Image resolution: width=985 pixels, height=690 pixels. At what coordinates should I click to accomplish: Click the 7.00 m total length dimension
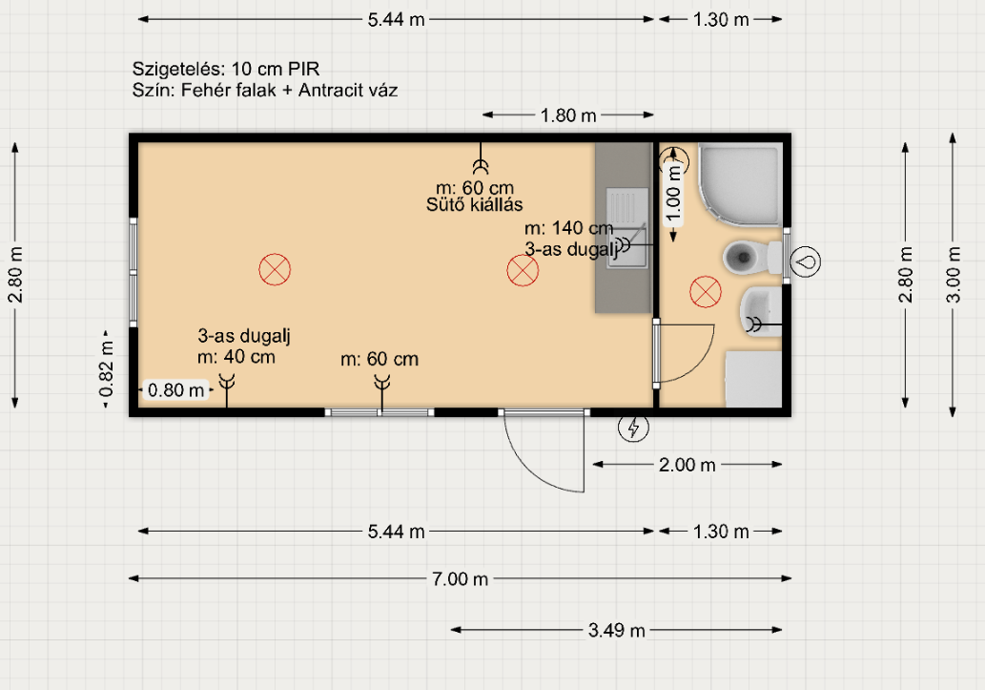(x=460, y=578)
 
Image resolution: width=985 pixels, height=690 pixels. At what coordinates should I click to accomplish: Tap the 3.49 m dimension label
(x=616, y=630)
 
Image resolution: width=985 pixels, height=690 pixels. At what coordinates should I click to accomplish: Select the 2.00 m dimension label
(x=687, y=465)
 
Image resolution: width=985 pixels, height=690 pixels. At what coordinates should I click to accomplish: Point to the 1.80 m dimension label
(x=568, y=115)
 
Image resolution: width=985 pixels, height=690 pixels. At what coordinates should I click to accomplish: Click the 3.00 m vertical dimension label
(x=954, y=274)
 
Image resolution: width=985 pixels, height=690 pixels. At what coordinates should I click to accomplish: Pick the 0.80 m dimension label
(x=175, y=390)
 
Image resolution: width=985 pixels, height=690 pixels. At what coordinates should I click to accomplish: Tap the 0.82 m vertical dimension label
(x=106, y=369)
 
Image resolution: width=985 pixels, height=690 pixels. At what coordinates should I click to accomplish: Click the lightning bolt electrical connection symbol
(x=633, y=428)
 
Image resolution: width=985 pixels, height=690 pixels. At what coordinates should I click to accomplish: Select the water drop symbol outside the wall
(x=805, y=261)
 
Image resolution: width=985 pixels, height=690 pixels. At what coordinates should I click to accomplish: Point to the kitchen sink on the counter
(x=626, y=228)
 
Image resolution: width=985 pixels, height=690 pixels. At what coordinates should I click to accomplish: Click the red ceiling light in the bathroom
(x=706, y=292)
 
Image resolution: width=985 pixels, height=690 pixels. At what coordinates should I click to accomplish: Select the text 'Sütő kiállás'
(x=474, y=204)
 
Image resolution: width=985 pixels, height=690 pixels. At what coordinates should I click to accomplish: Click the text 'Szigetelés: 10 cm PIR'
(x=226, y=69)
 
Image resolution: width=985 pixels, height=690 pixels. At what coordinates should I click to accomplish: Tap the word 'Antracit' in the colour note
(x=326, y=90)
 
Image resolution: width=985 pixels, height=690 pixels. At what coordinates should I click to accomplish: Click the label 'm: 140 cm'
(x=568, y=228)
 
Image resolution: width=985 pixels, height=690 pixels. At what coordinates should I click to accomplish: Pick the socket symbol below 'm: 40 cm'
(x=227, y=390)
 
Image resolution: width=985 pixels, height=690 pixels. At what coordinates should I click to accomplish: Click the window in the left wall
(x=133, y=272)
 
